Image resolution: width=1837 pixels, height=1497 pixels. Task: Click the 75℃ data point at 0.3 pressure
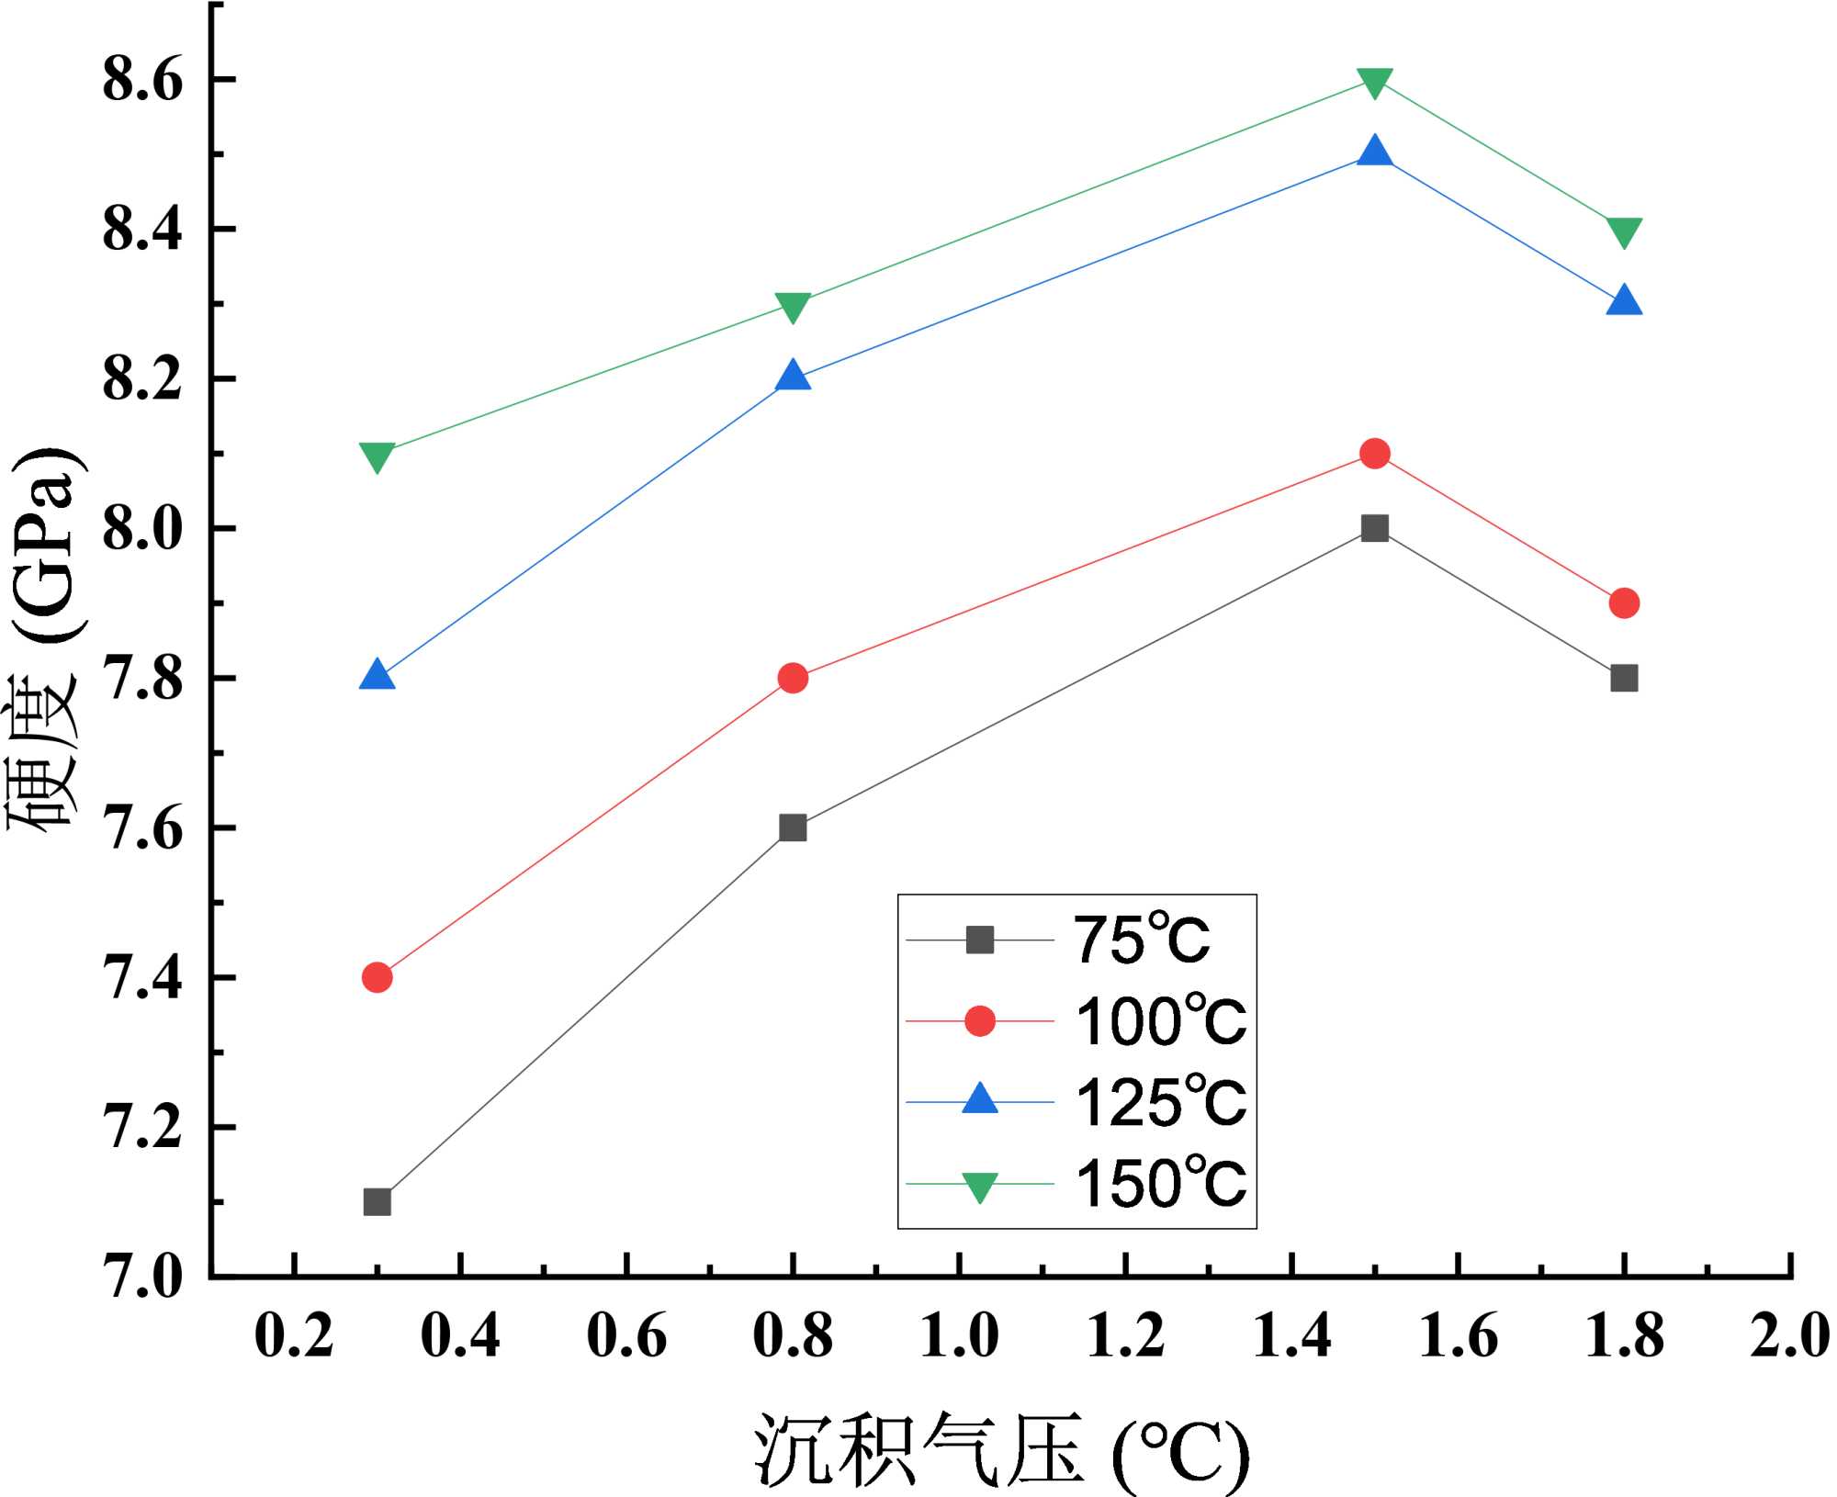click(x=377, y=1202)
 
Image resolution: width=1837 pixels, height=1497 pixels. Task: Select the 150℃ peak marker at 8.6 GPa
click(x=1374, y=83)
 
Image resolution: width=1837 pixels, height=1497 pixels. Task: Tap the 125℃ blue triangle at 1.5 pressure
click(x=1374, y=152)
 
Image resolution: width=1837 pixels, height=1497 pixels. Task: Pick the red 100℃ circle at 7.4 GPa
click(x=377, y=977)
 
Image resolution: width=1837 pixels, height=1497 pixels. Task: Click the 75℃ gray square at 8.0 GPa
click(x=1374, y=528)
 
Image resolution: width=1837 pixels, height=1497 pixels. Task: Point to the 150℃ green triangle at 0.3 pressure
click(x=377, y=456)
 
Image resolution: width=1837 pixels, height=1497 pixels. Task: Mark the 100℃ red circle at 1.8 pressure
click(x=1624, y=603)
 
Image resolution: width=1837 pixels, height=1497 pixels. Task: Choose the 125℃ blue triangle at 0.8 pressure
click(x=793, y=377)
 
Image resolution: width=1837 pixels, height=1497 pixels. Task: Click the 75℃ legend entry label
click(x=1142, y=940)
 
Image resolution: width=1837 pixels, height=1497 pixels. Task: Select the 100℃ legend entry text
click(x=1160, y=1021)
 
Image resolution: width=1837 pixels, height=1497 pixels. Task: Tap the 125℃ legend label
click(x=1160, y=1102)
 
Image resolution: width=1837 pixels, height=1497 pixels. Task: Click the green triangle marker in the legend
click(x=979, y=1187)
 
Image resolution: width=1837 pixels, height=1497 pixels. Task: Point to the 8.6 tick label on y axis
click(x=142, y=79)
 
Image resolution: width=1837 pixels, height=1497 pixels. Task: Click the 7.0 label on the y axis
click(x=142, y=1277)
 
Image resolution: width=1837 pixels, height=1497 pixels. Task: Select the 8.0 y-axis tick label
click(x=142, y=528)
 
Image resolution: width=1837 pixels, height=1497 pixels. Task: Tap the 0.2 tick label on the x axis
click(x=293, y=1335)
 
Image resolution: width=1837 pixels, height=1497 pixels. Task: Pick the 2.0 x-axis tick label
click(x=1789, y=1335)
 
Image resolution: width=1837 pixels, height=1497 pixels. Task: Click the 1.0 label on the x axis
click(x=959, y=1335)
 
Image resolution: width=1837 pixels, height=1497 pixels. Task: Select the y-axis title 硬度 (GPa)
click(x=46, y=638)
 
